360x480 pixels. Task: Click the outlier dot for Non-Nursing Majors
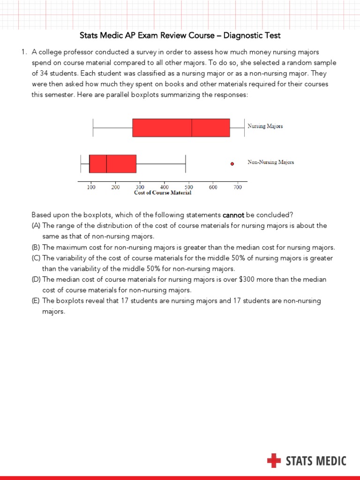(x=232, y=164)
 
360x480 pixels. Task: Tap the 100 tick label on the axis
(x=91, y=187)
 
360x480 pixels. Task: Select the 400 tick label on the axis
(x=164, y=187)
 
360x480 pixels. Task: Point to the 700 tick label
(x=238, y=187)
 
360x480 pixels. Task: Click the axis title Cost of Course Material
(x=163, y=193)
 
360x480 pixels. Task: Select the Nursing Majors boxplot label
(x=265, y=126)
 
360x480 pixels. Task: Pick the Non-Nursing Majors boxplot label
(x=270, y=162)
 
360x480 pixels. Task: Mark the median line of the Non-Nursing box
(x=106, y=164)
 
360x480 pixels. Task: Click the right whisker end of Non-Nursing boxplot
(x=186, y=164)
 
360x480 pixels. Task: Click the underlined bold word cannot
(x=233, y=215)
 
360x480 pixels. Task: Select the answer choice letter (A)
(x=36, y=226)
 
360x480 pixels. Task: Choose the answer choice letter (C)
(x=36, y=258)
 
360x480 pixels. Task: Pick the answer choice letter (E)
(x=36, y=301)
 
